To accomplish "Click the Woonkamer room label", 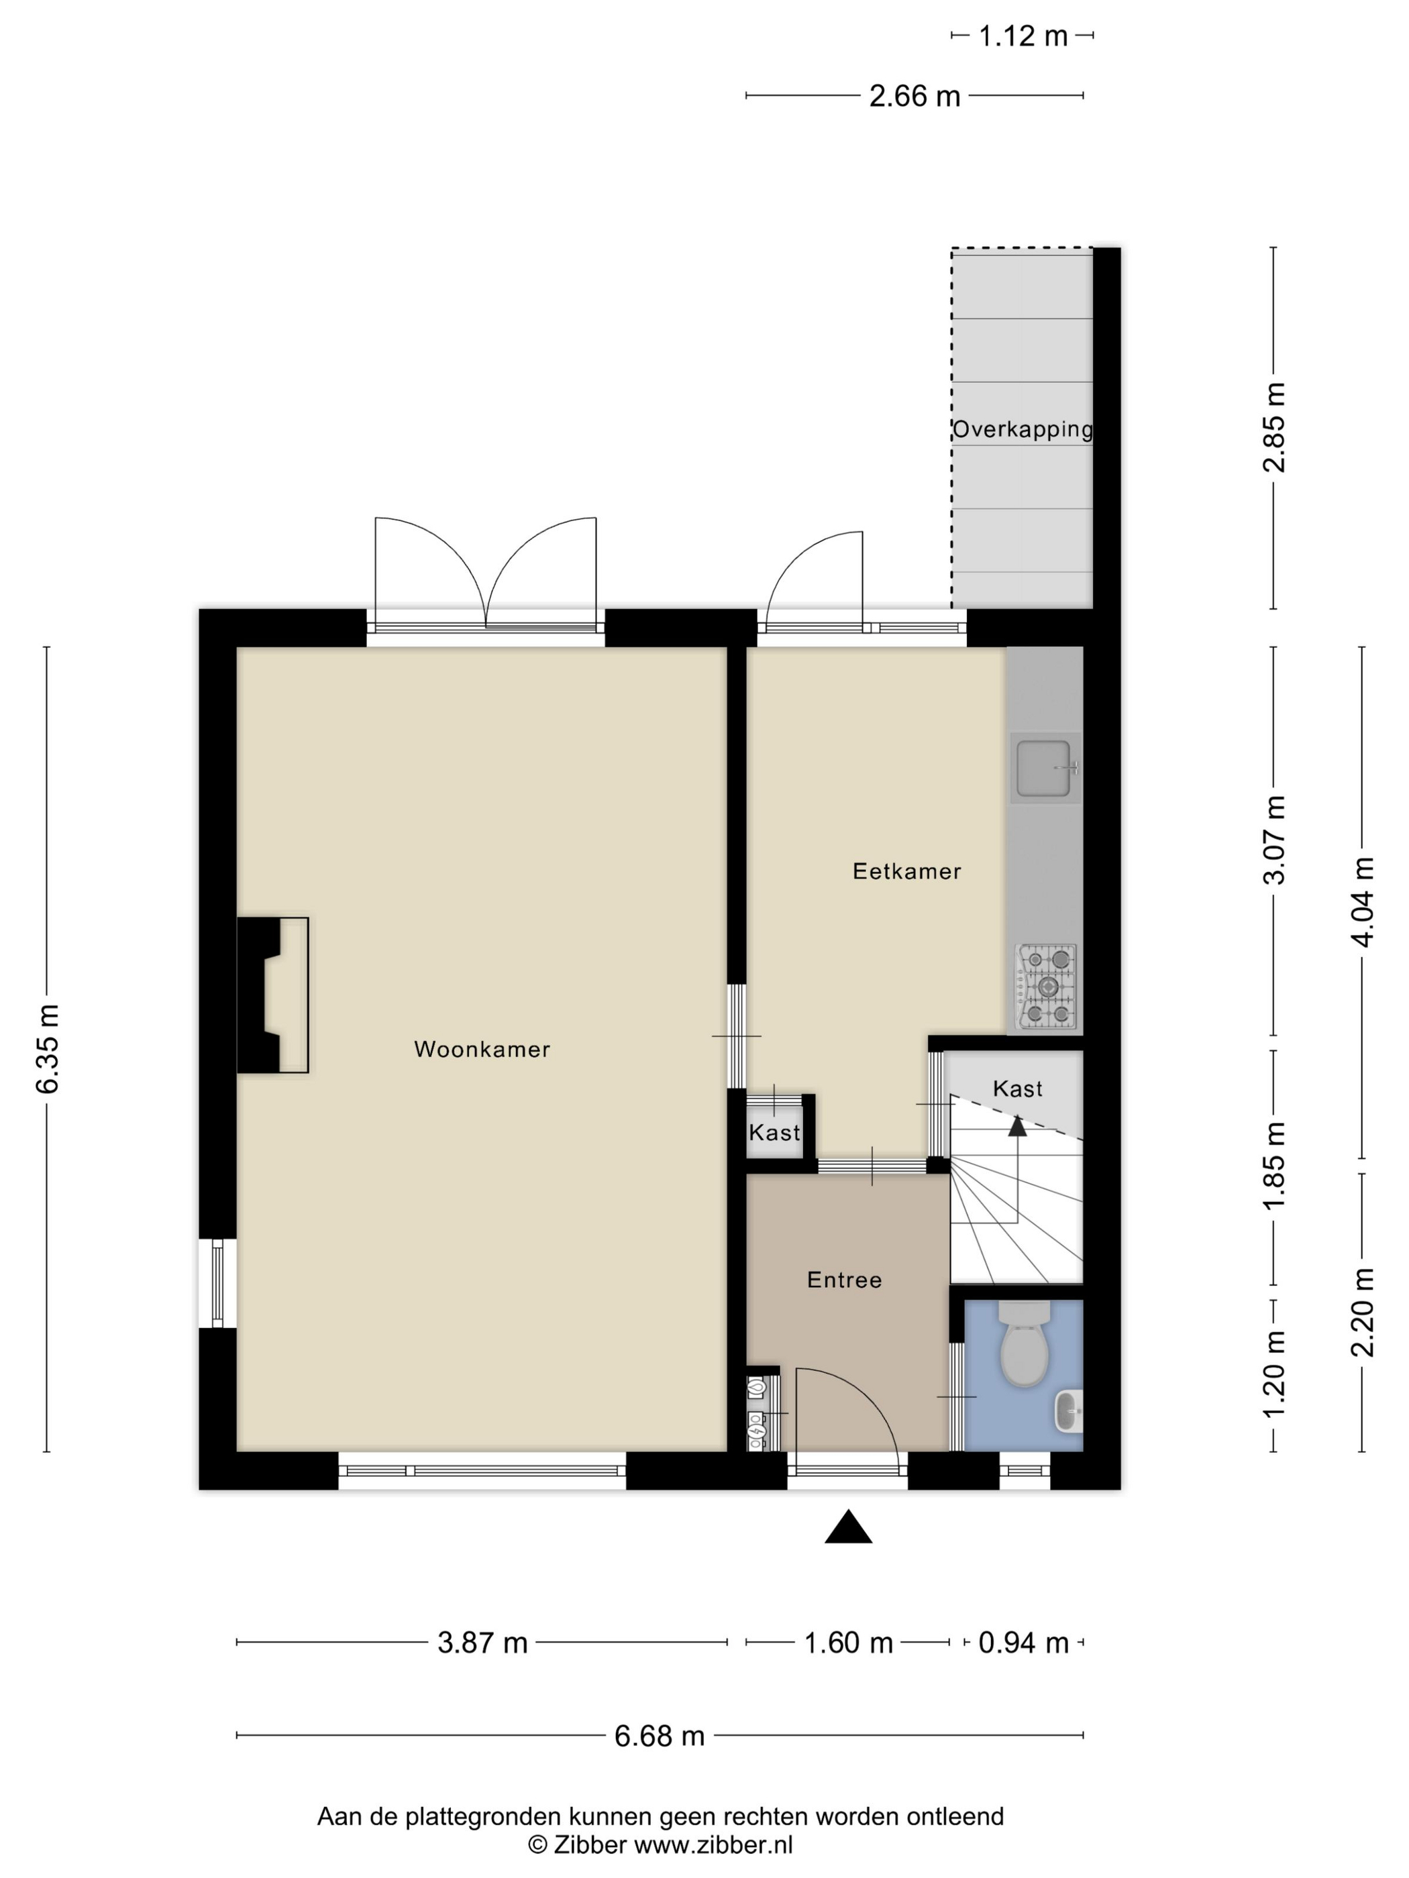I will coord(482,1050).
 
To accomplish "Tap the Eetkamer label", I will coord(906,871).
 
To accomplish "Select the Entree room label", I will coord(844,1280).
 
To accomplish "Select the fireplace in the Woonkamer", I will coord(272,995).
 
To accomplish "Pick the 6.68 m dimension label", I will coord(659,1736).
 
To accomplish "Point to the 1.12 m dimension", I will coord(1023,36).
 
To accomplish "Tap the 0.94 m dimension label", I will coord(1023,1643).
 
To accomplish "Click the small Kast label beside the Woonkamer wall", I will coord(774,1133).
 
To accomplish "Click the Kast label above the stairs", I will coord(1017,1089).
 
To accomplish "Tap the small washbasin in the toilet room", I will coord(1068,1412).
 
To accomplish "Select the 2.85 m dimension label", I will coord(1274,427).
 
